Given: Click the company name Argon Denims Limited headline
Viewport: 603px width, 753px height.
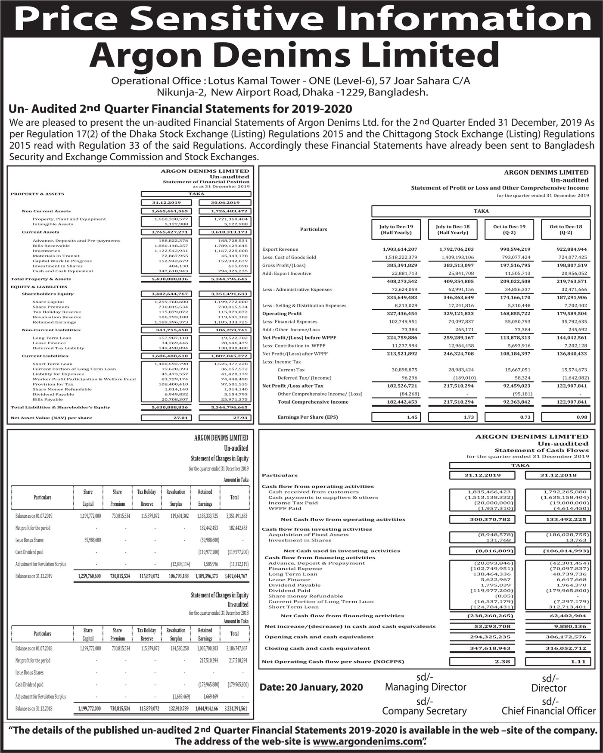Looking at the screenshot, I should pyautogui.click(x=294, y=56).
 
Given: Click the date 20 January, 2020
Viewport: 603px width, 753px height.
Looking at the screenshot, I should pyautogui.click(x=311, y=687).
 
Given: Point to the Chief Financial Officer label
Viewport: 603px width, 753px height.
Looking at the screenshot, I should pyautogui.click(x=549, y=711).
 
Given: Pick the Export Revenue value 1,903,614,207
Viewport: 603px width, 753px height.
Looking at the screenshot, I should pyautogui.click(x=400, y=249).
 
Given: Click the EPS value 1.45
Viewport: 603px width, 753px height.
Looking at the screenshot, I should pyautogui.click(x=412, y=417).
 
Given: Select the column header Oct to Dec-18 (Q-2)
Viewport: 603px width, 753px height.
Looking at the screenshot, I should pyautogui.click(x=566, y=230).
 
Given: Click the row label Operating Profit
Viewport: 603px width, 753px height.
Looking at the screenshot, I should pyautogui.click(x=282, y=314).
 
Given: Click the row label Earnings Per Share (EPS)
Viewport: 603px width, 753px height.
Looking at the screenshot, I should pyautogui.click(x=308, y=417).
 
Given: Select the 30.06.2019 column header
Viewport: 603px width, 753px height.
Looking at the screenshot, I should pyautogui.click(x=225, y=202).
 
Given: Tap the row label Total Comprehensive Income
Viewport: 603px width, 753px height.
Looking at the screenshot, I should pyautogui.click(x=313, y=402).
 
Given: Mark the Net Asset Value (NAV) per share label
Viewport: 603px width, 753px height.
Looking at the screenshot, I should pyautogui.click(x=51, y=418).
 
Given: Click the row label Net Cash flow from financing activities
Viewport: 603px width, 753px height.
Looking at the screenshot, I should pyautogui.click(x=342, y=616).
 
